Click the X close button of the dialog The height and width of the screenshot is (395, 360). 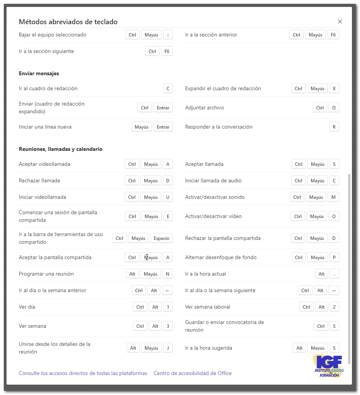click(340, 21)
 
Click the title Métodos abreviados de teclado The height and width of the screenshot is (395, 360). click(68, 22)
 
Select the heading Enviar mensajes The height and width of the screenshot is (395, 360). click(39, 73)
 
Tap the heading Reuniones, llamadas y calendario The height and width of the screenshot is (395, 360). click(61, 149)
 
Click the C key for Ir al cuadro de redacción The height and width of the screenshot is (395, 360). click(168, 88)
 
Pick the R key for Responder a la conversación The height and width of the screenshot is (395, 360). click(334, 127)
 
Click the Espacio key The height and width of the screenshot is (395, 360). click(161, 238)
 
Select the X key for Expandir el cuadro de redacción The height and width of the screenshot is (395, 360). click(334, 88)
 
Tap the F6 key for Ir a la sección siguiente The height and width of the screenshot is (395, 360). click(167, 51)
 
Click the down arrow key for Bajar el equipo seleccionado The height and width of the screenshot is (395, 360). click(168, 35)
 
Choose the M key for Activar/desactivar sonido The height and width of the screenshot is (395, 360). click(334, 197)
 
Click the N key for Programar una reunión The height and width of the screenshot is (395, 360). click(168, 274)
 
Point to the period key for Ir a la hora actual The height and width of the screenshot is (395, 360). click(334, 274)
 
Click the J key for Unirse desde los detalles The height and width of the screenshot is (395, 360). click(168, 348)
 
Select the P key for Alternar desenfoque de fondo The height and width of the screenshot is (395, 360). click(334, 257)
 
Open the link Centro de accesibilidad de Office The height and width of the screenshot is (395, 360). click(193, 373)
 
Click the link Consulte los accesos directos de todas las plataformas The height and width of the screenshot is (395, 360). click(83, 373)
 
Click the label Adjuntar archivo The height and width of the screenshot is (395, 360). click(205, 107)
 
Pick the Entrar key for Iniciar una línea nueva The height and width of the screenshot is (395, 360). click(163, 127)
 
